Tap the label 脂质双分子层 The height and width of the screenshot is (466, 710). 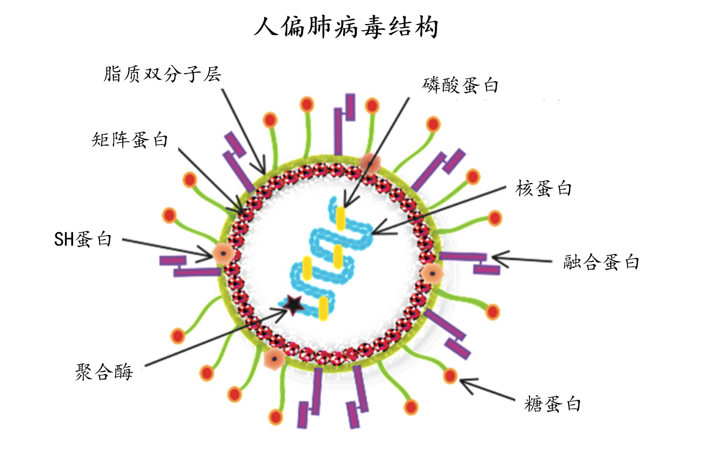162,74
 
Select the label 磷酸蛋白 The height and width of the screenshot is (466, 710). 460,85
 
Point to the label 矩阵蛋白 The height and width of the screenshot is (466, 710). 130,140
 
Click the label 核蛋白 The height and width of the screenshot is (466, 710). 544,188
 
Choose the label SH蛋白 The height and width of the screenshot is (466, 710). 83,240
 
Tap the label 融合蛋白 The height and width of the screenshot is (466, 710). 601,262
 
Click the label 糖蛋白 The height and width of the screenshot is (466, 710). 552,404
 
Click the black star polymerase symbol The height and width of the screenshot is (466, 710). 292,304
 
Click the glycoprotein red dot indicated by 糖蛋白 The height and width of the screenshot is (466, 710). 451,376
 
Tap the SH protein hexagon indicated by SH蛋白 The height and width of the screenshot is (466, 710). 220,253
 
